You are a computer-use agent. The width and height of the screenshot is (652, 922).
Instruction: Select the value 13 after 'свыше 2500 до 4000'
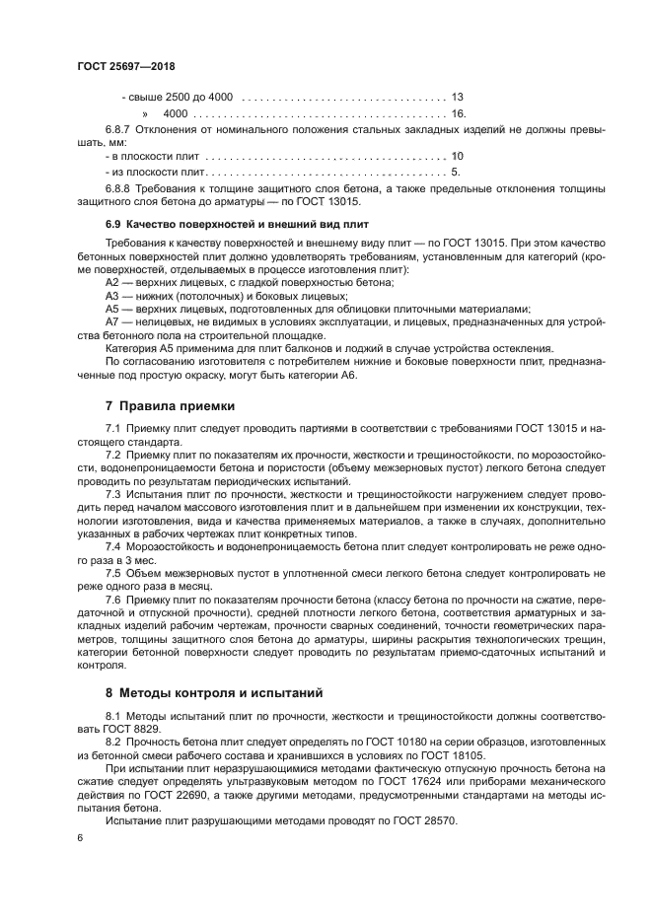click(x=457, y=98)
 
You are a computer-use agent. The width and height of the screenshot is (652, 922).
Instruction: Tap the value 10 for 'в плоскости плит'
click(x=457, y=156)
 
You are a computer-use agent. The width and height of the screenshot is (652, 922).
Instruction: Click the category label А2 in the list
click(x=111, y=283)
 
